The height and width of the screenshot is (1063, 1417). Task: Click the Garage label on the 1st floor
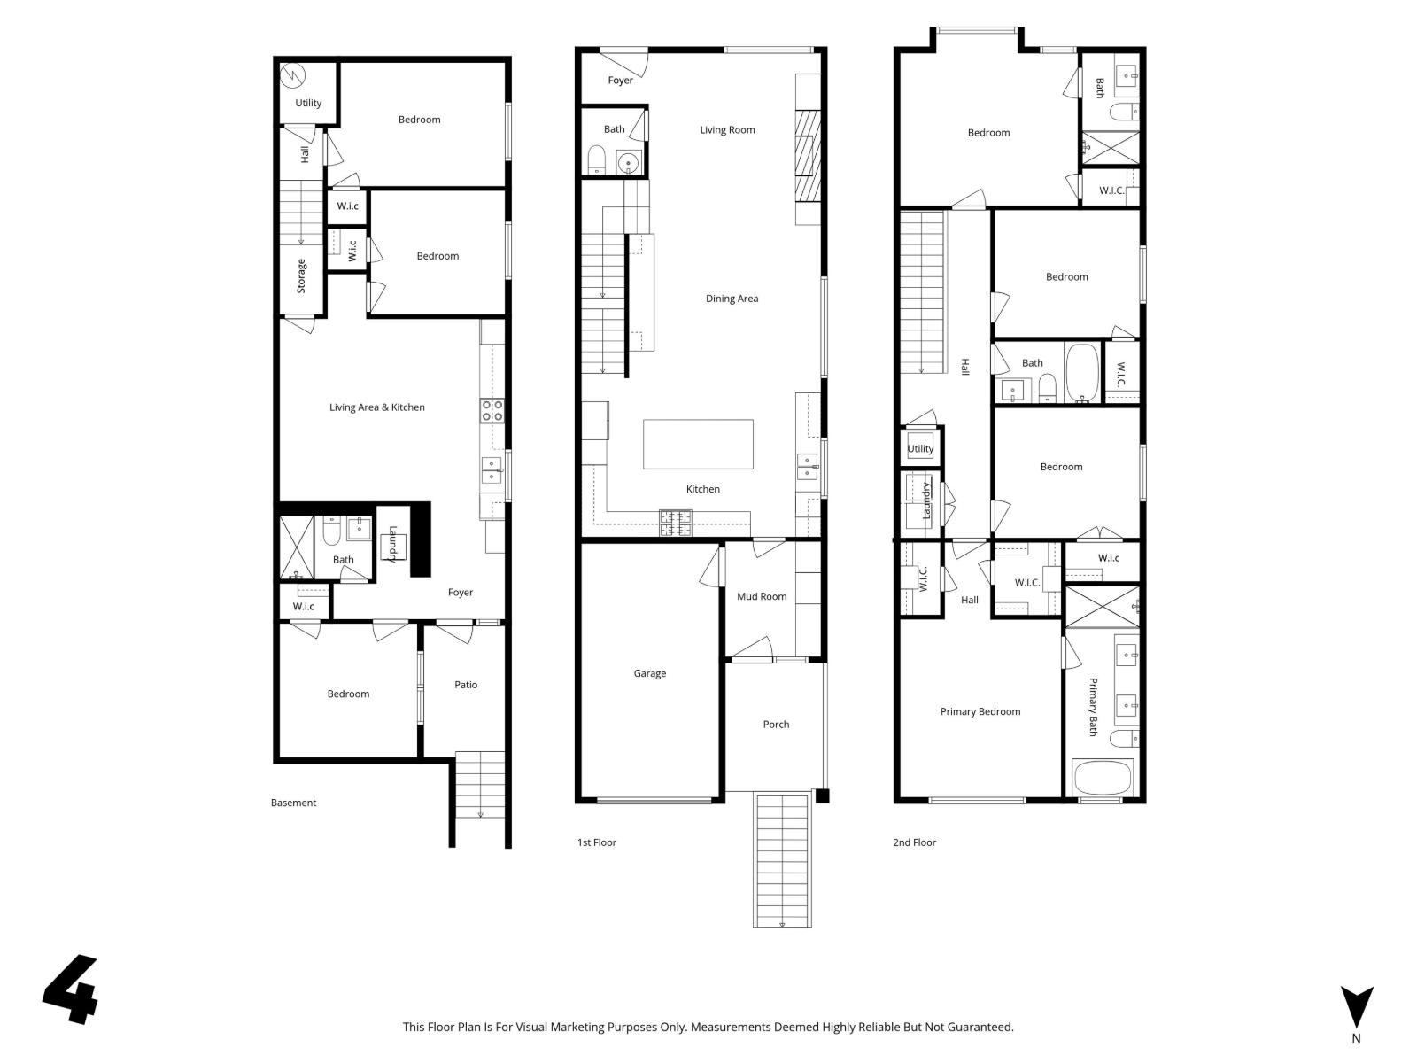click(x=649, y=673)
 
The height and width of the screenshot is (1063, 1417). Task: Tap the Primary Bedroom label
click(x=980, y=711)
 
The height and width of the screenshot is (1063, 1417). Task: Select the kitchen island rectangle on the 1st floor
click(x=698, y=444)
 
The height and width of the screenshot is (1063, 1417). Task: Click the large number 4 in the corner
click(x=71, y=989)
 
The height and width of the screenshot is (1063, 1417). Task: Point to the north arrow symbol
click(x=1356, y=1008)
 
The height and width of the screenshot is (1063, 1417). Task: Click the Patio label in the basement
click(x=466, y=685)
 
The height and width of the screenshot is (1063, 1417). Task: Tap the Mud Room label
click(x=761, y=596)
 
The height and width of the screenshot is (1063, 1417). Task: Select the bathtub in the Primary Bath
click(x=1103, y=778)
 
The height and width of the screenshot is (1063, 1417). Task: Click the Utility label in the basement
click(x=308, y=103)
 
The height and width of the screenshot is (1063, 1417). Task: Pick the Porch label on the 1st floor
click(x=776, y=725)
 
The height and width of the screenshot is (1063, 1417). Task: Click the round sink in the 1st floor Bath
click(x=628, y=163)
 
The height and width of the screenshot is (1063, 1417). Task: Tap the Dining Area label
click(x=732, y=299)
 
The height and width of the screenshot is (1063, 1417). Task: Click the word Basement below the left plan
click(x=293, y=803)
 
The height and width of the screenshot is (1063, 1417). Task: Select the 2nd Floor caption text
click(x=914, y=842)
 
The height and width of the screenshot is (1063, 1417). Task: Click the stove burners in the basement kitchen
click(x=492, y=410)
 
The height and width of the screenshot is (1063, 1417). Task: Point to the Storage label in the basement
click(x=301, y=276)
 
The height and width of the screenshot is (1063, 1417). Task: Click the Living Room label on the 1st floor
click(x=727, y=130)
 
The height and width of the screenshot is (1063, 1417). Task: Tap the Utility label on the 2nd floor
click(x=920, y=449)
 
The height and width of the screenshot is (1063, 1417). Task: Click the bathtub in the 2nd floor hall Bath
click(x=1081, y=372)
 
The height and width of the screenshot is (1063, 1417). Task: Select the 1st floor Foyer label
click(x=620, y=81)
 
